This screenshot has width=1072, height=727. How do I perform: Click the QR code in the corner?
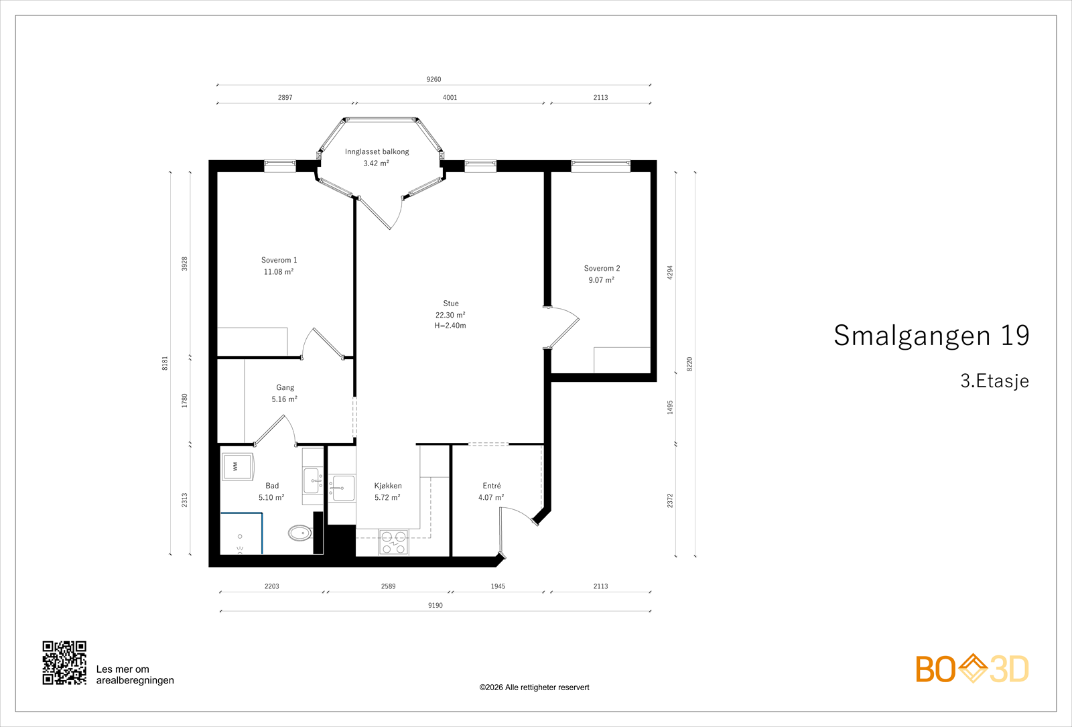click(64, 663)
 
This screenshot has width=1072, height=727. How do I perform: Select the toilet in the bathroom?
click(299, 533)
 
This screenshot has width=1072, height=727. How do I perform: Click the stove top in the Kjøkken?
click(393, 542)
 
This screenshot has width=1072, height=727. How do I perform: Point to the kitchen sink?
click(343, 488)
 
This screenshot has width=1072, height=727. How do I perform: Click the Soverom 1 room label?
click(279, 260)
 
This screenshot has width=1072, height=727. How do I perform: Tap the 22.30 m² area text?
click(450, 315)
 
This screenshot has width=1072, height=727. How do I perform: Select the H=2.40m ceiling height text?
click(450, 326)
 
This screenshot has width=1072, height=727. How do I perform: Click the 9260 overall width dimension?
click(433, 79)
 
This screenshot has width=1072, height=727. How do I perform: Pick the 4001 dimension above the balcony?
click(450, 97)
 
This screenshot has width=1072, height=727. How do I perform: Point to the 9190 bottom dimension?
click(435, 605)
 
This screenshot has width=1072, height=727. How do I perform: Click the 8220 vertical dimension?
click(689, 365)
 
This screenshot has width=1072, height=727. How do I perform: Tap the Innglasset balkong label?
click(377, 151)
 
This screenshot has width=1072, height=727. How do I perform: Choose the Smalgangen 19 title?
click(931, 336)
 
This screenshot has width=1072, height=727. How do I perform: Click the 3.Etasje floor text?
click(994, 381)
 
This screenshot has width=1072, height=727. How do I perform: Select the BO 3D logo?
click(972, 669)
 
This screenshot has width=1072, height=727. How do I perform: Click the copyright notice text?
click(534, 687)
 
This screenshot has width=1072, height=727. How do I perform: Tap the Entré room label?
click(491, 486)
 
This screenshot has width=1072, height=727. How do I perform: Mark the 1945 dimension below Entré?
click(498, 586)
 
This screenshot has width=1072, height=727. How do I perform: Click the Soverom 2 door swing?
click(565, 327)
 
